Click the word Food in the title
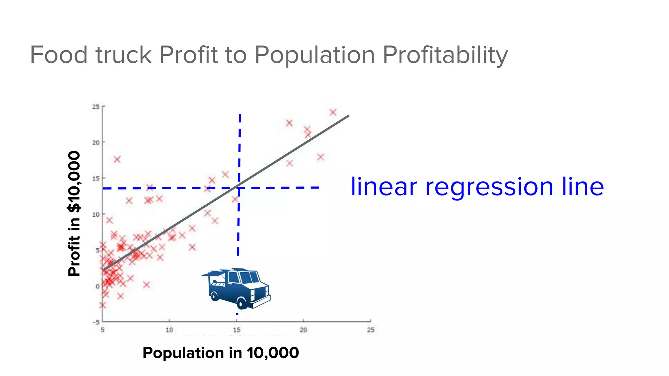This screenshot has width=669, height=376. click(59, 55)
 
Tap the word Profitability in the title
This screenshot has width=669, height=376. click(445, 55)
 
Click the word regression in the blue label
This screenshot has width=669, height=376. click(489, 187)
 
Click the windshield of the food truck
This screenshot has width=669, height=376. click(250, 277)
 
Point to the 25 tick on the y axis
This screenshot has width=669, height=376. click(96, 107)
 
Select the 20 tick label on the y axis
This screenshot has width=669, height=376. click(96, 143)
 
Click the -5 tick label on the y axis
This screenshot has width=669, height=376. click(96, 322)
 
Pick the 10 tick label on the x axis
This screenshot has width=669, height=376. click(169, 330)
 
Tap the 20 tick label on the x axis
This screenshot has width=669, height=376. click(303, 330)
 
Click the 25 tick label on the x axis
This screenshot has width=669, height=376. click(371, 330)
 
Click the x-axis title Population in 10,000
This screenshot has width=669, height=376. click(221, 353)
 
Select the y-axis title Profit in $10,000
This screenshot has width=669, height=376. click(74, 214)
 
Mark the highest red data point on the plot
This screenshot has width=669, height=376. click(333, 112)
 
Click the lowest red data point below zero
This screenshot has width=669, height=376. click(103, 305)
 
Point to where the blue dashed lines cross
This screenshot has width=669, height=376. click(239, 188)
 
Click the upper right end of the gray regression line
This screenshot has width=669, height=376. click(348, 116)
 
